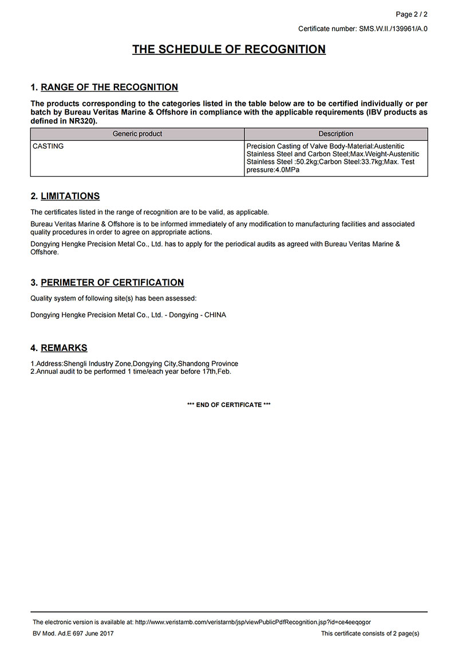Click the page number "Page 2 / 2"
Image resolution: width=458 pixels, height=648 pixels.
coord(412,14)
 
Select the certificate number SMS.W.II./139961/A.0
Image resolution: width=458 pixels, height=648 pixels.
coord(393,29)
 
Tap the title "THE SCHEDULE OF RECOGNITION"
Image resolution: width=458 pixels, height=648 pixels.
coord(229,49)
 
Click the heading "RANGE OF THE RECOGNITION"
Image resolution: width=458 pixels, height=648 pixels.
coord(109,88)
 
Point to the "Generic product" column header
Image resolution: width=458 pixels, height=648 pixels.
coord(137,134)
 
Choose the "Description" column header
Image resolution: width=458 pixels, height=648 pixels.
coord(336,134)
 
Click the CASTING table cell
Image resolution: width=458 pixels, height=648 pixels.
coord(48,147)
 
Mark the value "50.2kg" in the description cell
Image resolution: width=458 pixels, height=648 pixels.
coord(307,163)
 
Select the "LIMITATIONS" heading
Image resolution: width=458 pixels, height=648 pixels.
coord(70,196)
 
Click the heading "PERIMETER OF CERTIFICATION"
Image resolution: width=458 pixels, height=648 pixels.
coord(112,283)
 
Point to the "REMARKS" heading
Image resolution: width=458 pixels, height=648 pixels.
coord(64,348)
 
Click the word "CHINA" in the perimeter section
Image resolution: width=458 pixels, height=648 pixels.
coord(215,315)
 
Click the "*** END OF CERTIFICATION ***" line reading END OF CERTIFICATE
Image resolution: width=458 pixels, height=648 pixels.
coord(229,405)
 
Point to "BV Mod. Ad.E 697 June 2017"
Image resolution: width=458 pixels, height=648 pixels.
coord(73,634)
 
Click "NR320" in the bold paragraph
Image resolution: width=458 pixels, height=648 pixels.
coord(82,122)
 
